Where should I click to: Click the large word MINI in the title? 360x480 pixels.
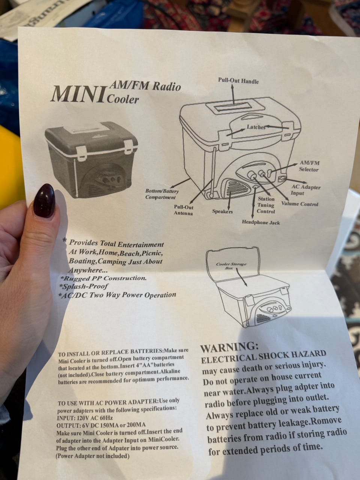click(x=78, y=94)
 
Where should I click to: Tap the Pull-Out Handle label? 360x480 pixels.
click(x=238, y=81)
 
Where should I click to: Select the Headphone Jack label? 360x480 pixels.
click(x=261, y=222)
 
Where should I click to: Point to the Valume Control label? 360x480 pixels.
click(x=300, y=204)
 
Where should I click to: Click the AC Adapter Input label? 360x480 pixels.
click(x=305, y=190)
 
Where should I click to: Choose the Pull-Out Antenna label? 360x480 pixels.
click(x=183, y=210)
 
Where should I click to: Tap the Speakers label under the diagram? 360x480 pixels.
click(x=222, y=211)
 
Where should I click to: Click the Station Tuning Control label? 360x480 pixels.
click(x=266, y=205)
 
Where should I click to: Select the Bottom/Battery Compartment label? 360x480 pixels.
click(x=162, y=194)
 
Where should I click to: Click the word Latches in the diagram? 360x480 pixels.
click(x=256, y=127)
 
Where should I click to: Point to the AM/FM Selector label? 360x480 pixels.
click(x=309, y=166)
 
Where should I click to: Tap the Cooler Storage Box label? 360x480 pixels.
click(x=231, y=266)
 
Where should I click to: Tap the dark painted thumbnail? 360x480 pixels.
click(x=44, y=201)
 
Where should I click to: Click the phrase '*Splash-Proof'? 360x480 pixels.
click(x=84, y=286)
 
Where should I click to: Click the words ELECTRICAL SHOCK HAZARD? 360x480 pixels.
click(x=263, y=357)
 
